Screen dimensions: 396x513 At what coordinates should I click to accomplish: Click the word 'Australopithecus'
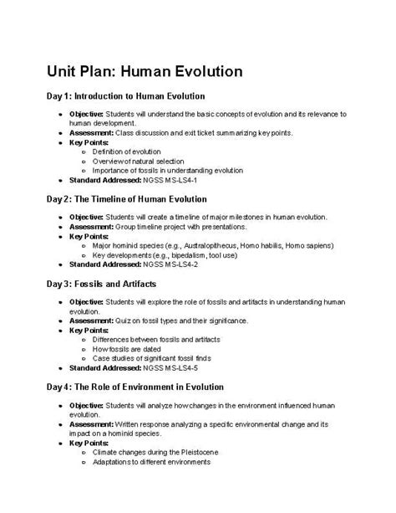[213, 246]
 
